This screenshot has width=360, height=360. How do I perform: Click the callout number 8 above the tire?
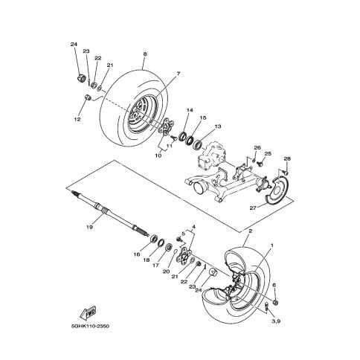point(145,54)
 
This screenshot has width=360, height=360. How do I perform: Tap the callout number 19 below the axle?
point(89,227)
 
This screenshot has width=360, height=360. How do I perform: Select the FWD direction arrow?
point(88,313)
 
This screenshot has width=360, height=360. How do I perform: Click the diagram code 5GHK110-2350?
point(90,326)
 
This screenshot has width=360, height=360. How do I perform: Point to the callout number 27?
point(253,208)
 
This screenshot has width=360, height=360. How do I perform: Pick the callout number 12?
point(77,119)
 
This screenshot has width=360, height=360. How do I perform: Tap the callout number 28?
point(287,158)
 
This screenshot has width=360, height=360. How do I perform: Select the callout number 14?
point(190,110)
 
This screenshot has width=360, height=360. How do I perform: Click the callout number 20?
point(167,271)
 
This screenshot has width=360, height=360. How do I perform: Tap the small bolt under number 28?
point(286,172)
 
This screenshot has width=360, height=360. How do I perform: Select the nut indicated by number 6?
point(274,303)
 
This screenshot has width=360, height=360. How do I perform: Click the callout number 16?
point(137,254)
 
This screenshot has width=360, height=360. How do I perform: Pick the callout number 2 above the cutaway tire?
point(251,231)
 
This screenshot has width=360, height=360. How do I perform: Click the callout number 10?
point(158,155)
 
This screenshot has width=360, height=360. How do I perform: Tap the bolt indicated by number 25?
point(260,164)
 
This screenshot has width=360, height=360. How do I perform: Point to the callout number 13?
point(218,126)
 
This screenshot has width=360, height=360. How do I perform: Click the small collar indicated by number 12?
point(88,97)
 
